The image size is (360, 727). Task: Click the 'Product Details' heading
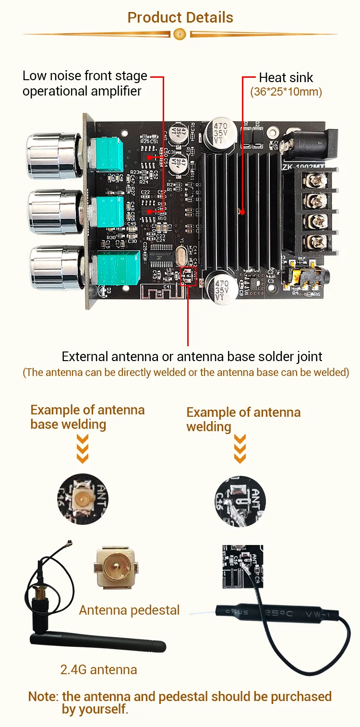point(180,18)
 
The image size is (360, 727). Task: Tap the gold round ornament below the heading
point(180,34)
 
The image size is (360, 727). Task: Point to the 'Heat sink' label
point(286,77)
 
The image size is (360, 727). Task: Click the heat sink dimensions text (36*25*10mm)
point(286,92)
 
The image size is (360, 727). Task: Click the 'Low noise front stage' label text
point(84,76)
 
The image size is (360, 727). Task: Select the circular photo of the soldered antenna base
point(83,499)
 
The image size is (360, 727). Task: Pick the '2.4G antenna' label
point(98,669)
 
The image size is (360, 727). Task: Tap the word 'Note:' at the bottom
point(43,696)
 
